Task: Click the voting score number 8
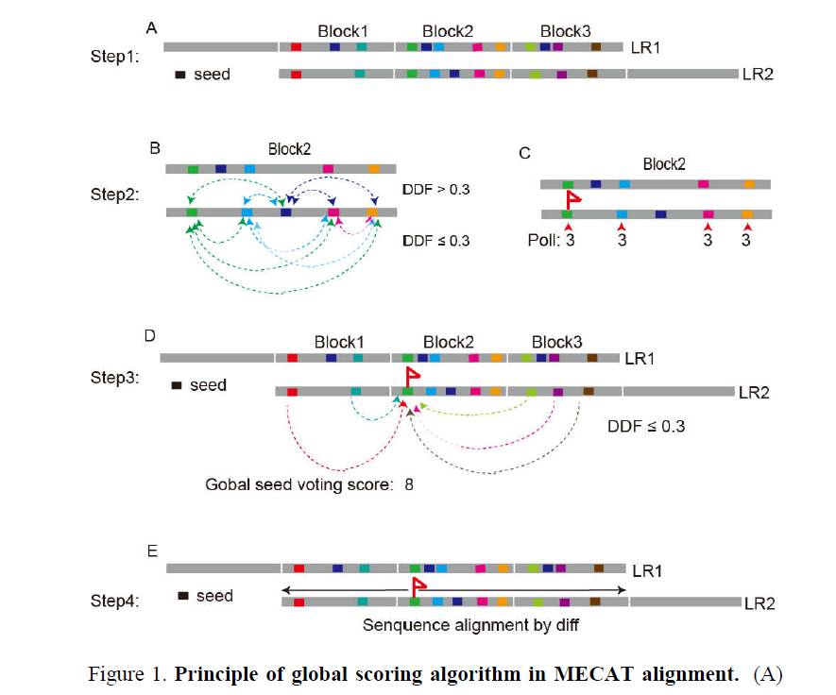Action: click(409, 485)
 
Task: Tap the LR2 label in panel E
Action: click(759, 603)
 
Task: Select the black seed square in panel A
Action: click(179, 75)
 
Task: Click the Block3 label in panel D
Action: click(556, 341)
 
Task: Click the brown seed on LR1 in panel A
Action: click(596, 46)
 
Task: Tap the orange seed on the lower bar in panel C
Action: click(748, 215)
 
